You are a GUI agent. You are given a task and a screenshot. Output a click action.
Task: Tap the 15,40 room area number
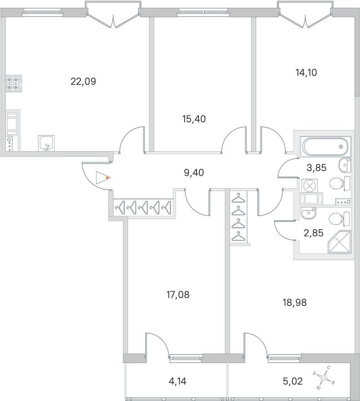point(194,119)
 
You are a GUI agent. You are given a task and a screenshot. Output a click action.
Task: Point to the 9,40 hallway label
point(193,172)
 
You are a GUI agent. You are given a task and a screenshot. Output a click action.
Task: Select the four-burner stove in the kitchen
point(14,83)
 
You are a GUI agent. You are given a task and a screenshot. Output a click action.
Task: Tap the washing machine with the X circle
point(309,185)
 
